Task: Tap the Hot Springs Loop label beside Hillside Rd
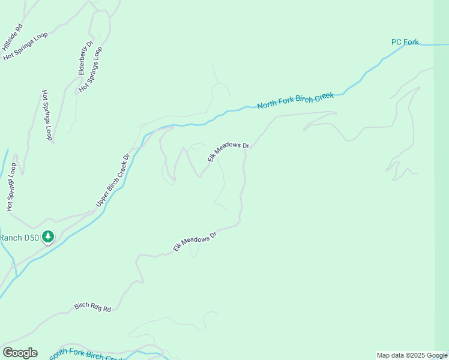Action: point(25,46)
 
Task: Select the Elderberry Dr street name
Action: point(86,58)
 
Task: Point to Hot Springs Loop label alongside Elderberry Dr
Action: point(91,70)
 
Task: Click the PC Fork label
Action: point(405,42)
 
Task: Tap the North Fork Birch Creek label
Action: point(295,101)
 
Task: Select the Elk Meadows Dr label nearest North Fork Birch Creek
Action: point(228,152)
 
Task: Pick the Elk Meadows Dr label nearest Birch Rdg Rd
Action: point(194,242)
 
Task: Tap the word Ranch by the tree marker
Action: point(10,238)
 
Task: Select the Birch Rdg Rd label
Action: point(93,307)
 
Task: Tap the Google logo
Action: point(20,353)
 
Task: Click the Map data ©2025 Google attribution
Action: point(412,355)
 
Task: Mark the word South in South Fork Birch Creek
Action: point(61,355)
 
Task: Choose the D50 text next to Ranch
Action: point(32,238)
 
